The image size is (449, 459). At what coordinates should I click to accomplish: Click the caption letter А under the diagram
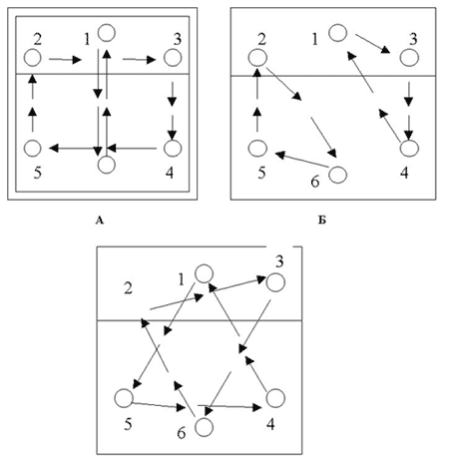100,221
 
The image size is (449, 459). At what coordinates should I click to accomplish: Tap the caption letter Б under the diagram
321,221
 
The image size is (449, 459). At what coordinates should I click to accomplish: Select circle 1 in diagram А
107,33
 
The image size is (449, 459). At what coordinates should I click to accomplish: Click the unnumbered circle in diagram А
107,165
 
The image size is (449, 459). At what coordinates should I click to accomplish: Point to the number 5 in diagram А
38,173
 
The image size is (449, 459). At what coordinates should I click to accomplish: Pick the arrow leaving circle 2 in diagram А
65,60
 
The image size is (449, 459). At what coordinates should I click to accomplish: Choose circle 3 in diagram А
173,58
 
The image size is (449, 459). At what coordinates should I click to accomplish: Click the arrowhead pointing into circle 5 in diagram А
54,148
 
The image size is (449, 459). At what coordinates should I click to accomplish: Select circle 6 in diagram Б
338,175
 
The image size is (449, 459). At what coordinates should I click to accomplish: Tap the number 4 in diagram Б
404,173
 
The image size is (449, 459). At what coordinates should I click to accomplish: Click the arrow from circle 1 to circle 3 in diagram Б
372,44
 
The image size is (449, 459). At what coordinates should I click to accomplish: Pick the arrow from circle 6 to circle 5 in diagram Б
302,160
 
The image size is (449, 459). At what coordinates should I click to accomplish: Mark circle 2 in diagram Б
257,58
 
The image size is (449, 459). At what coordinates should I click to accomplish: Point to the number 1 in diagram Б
315,39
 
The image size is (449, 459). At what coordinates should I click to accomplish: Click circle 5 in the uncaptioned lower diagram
124,398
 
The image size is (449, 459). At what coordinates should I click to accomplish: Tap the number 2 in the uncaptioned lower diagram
128,288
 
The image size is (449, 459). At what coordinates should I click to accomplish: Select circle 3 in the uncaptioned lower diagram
275,282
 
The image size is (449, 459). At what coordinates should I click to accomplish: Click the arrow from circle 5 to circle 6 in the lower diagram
159,406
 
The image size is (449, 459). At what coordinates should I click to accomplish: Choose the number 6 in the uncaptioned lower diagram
182,433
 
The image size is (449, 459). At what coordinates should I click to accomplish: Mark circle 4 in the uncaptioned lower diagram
275,398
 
